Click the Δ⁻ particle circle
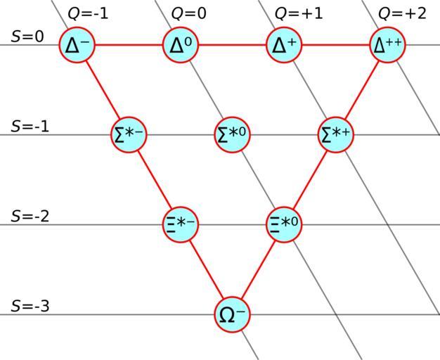click(77, 45)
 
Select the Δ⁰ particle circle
click(181, 45)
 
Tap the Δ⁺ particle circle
click(284, 45)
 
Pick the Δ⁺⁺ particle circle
click(388, 45)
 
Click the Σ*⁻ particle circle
click(129, 135)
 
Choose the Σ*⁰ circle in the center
click(233, 135)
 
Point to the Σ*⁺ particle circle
click(336, 135)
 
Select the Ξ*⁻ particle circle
click(181, 225)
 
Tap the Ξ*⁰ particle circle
click(285, 225)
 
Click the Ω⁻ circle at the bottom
click(233, 314)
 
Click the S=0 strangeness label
click(27, 36)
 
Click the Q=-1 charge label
click(88, 13)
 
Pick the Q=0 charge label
click(189, 13)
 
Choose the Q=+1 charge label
click(299, 13)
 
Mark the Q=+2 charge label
click(402, 13)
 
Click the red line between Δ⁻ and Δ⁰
click(129, 45)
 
